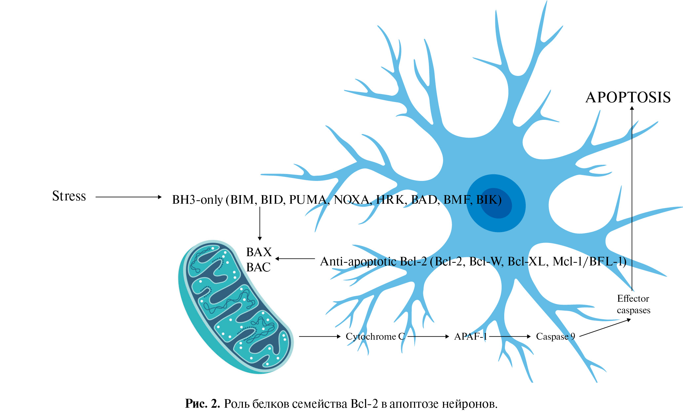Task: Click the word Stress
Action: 69,196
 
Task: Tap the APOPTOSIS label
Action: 628,98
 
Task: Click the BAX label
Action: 259,252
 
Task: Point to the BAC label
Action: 258,267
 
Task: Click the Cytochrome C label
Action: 375,336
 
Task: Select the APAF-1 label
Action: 471,336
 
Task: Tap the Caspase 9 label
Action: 555,336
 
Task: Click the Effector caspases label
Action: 633,304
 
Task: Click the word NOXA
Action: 352,200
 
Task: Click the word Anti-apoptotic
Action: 358,261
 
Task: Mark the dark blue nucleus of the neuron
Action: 496,203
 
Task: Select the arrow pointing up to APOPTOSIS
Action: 632,198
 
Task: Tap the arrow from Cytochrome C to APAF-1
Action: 428,336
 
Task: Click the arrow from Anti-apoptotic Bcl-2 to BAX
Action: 295,259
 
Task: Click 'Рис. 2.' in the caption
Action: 202,404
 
